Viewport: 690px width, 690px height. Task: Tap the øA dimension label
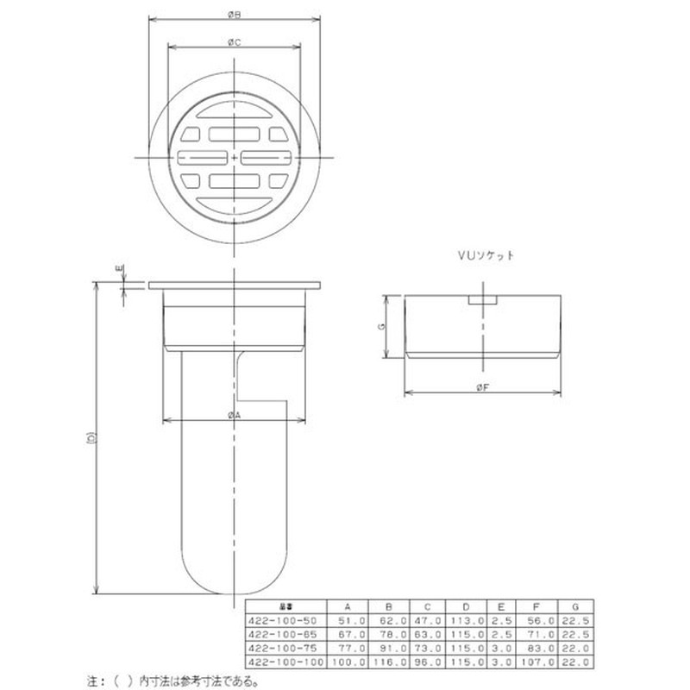pyautogui.click(x=234, y=416)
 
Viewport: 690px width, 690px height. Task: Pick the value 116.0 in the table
pyautogui.click(x=390, y=661)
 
